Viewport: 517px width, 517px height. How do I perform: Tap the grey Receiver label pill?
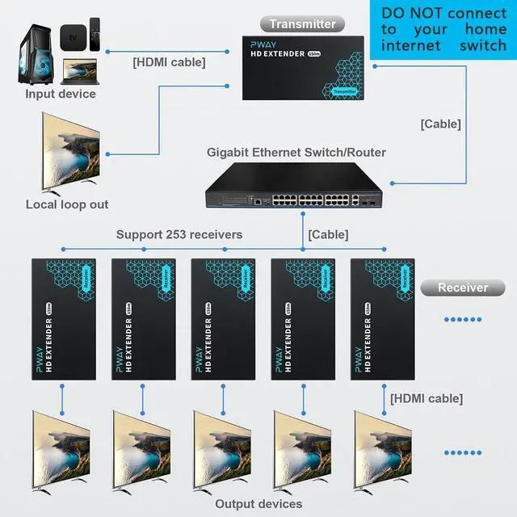pos(463,288)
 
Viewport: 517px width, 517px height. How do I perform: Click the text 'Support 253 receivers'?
pos(179,235)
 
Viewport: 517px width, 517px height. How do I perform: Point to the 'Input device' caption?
pos(60,94)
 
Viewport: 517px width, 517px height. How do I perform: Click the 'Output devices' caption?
pos(258,504)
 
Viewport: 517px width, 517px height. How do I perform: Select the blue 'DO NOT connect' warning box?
pos(443,30)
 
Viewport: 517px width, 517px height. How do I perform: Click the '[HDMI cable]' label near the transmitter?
pos(169,61)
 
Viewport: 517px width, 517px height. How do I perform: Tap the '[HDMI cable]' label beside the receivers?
pos(427,398)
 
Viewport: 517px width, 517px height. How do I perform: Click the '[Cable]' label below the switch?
pos(328,235)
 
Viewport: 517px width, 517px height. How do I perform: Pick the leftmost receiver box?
pos(63,320)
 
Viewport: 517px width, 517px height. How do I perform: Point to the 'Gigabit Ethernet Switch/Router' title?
pos(296,152)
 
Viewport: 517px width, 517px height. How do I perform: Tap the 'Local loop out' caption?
pos(67,204)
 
